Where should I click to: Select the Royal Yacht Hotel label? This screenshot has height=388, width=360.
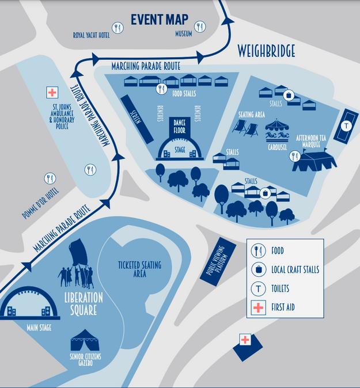point(91,35)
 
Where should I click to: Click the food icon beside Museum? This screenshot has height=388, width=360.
point(200,26)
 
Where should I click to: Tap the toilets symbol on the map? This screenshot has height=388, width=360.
point(346,125)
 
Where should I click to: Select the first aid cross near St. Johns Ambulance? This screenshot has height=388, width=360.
point(52,93)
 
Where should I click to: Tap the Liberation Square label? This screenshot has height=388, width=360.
point(84,304)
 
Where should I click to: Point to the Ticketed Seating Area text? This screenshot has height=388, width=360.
point(139,269)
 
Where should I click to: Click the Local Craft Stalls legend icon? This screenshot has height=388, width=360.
point(259,269)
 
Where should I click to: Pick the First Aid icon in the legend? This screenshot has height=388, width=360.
point(259,307)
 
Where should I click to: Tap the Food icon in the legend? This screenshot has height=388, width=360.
point(259,251)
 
